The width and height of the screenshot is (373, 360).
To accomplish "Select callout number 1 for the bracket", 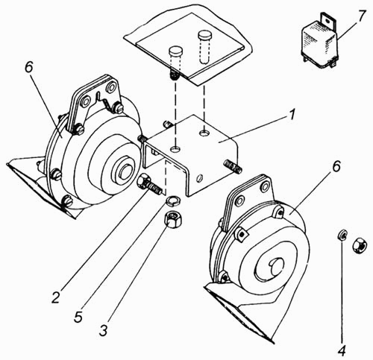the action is (x=292, y=116).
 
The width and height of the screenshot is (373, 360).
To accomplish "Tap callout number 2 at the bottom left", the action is (x=56, y=296).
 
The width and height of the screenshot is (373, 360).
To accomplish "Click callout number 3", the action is (x=103, y=329).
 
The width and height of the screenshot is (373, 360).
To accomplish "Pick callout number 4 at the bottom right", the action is (x=342, y=350).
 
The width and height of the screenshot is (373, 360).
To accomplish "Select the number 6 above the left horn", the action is (x=28, y=66).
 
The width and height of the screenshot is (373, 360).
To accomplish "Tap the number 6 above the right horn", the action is (x=336, y=166).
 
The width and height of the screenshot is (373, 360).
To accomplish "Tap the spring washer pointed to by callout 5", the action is (x=173, y=200).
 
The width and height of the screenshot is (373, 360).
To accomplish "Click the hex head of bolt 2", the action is (x=142, y=180).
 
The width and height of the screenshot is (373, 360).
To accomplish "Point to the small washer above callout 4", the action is (x=342, y=236).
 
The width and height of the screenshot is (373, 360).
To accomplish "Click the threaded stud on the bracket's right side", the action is (x=233, y=165).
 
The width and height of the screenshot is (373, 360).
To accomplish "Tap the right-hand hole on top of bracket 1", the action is (x=204, y=133).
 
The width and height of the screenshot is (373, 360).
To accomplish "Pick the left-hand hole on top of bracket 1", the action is (x=176, y=149).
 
